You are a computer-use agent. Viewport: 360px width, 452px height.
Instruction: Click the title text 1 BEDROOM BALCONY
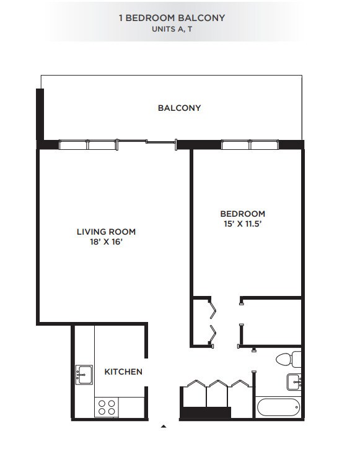[x=172, y=18]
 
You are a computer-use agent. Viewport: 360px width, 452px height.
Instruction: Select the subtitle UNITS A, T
[x=172, y=29]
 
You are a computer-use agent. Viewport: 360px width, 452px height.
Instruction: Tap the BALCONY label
[x=179, y=108]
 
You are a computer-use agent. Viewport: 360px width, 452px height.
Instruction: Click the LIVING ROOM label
[x=106, y=232]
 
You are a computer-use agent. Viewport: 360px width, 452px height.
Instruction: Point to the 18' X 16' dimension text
[x=106, y=242]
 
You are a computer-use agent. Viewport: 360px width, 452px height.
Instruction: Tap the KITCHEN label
[x=123, y=372]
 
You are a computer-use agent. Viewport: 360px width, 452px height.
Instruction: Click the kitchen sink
[x=83, y=375]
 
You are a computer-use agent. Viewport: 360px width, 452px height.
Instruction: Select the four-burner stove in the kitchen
[x=106, y=407]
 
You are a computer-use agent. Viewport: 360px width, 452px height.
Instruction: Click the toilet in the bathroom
[x=288, y=359]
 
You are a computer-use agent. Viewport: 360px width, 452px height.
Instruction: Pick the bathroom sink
[x=294, y=381]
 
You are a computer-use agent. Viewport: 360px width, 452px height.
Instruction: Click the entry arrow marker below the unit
[x=164, y=427]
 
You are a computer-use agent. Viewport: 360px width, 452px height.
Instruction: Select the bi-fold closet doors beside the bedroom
[x=213, y=321]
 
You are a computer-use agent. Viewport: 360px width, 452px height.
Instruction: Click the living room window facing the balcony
[x=87, y=145]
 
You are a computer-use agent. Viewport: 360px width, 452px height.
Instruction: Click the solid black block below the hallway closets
[x=205, y=414]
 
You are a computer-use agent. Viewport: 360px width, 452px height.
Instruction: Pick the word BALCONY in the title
[x=203, y=18]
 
